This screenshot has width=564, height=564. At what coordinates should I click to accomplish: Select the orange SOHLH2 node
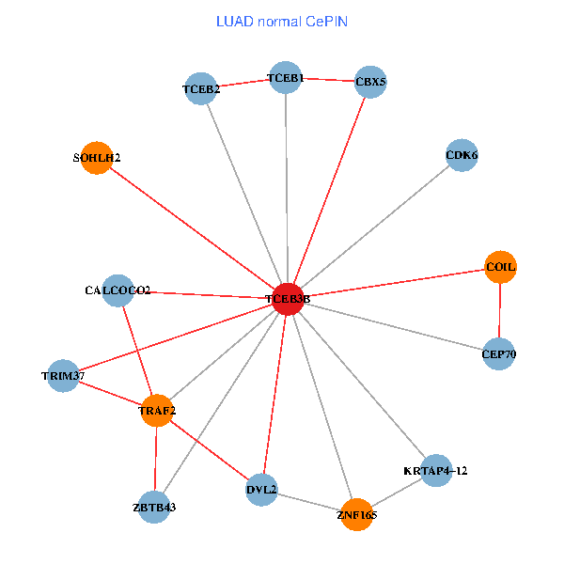[97, 158]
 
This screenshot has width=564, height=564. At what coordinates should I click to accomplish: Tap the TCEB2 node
[201, 89]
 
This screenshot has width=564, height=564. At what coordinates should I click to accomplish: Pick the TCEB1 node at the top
[286, 77]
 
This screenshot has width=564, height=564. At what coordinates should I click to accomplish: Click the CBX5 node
[370, 82]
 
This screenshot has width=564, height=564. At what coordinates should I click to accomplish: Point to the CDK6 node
[462, 154]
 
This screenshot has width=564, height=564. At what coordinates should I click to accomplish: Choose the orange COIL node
[500, 267]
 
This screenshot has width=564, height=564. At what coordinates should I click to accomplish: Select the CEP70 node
[498, 353]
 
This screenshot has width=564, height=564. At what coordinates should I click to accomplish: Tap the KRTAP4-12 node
[436, 469]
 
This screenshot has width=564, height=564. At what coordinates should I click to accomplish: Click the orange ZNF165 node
[356, 514]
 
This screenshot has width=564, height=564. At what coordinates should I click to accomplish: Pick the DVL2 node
[261, 489]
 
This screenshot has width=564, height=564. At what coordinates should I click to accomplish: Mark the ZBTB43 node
[154, 507]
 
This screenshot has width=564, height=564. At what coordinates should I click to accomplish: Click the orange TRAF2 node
[158, 410]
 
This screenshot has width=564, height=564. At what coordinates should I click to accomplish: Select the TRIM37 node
[63, 376]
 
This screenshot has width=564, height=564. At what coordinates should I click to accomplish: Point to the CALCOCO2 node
[117, 290]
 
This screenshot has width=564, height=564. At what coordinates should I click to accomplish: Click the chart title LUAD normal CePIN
[282, 21]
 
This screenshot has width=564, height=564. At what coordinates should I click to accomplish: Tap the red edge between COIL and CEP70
[499, 310]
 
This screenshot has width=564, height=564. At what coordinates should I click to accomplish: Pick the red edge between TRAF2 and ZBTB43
[156, 459]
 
